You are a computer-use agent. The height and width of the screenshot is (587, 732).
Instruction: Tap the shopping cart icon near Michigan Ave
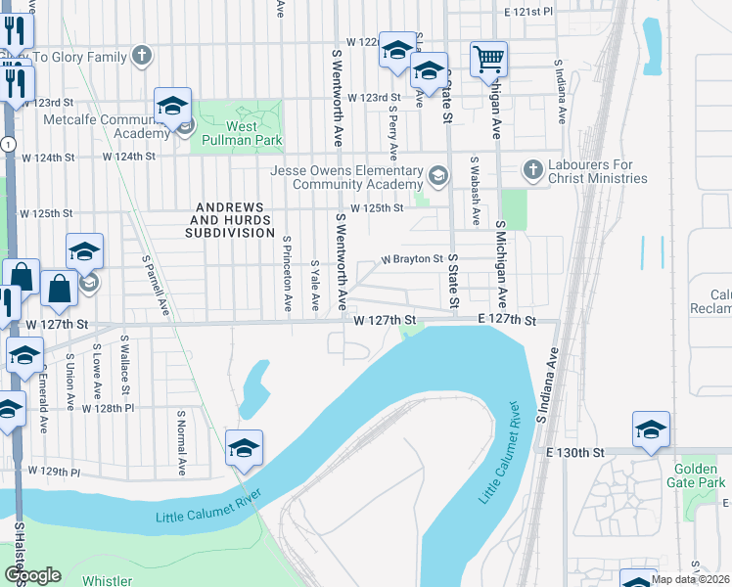pyautogui.click(x=487, y=58)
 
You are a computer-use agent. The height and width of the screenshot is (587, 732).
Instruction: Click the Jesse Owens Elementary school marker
pyautogui.click(x=437, y=177)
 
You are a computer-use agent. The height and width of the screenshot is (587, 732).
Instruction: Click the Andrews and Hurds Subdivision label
pyautogui.click(x=233, y=220)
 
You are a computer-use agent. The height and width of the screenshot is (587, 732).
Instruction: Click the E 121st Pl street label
pyautogui.click(x=528, y=12)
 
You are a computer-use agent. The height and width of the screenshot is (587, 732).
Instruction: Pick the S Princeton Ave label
pyautogui.click(x=288, y=273)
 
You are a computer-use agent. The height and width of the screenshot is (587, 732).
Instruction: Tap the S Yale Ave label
pyautogui.click(x=315, y=285)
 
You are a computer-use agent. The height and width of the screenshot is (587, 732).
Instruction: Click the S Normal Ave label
pyautogui.click(x=181, y=442)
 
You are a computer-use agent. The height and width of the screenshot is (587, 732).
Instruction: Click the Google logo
pyautogui.click(x=32, y=576)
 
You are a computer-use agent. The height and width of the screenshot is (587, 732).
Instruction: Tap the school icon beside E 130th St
pyautogui.click(x=651, y=429)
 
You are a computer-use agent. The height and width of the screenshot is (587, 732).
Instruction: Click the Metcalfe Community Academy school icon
pyautogui.click(x=172, y=107)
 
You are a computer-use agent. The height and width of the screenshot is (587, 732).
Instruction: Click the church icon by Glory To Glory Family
pyautogui.click(x=142, y=56)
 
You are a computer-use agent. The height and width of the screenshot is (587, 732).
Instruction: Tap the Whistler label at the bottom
pyautogui.click(x=107, y=581)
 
